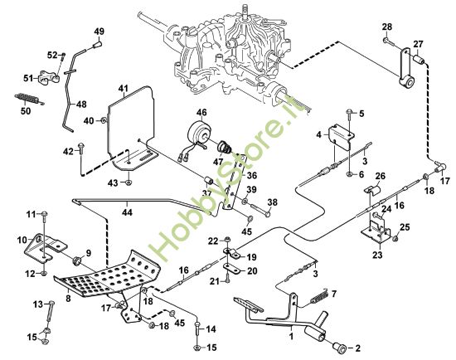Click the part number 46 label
tap(201, 112)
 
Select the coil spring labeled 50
tap(28, 99)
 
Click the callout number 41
tap(124, 88)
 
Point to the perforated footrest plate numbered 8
tap(108, 274)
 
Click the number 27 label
tap(418, 44)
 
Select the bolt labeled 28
tap(389, 41)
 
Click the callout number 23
tap(377, 255)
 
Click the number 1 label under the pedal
tap(291, 336)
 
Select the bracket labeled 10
tap(45, 246)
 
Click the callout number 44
tap(127, 212)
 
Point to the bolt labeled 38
tap(258, 211)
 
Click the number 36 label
tap(251, 176)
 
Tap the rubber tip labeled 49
tap(98, 46)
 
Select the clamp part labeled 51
tap(49, 78)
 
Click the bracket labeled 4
tap(341, 136)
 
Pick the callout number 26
tap(380, 176)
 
